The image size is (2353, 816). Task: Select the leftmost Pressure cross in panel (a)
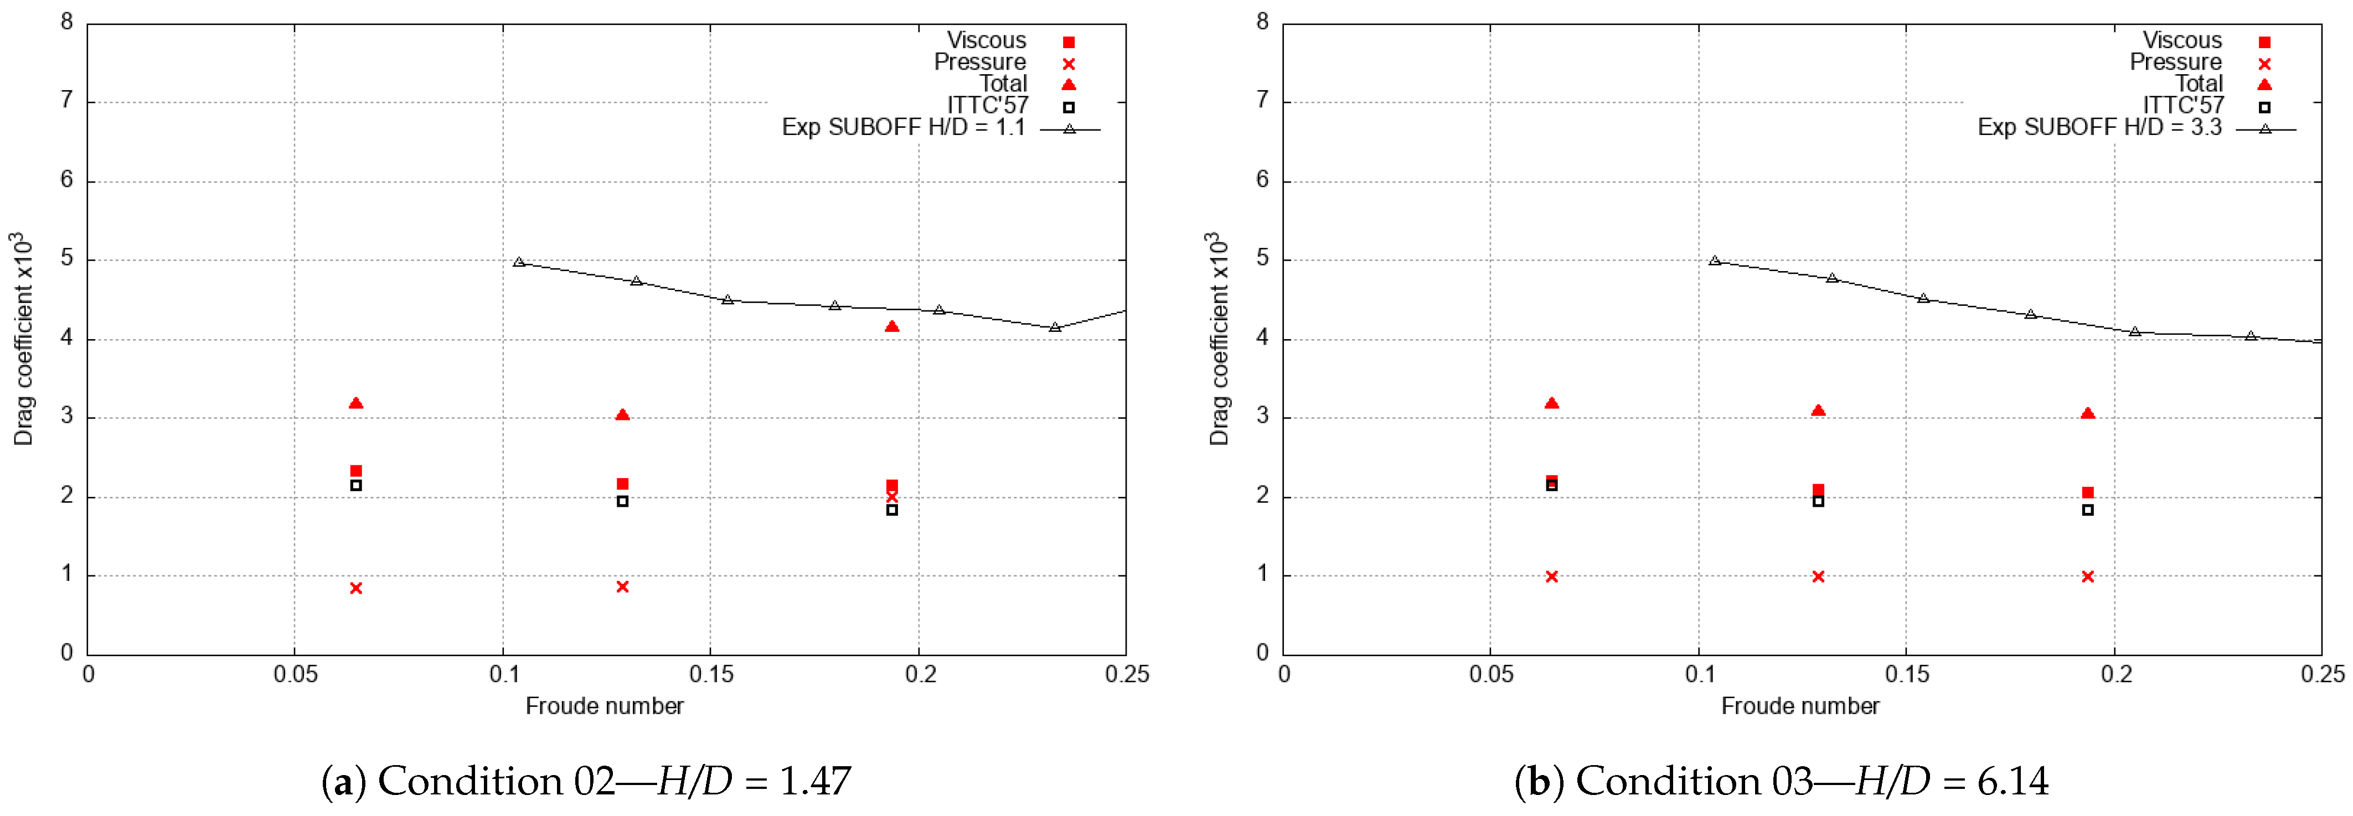click(x=356, y=588)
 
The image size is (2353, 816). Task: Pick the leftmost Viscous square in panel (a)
click(x=356, y=471)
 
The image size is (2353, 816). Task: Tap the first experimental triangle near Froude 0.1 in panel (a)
click(x=519, y=262)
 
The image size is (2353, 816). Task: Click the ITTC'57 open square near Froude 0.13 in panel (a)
click(x=622, y=501)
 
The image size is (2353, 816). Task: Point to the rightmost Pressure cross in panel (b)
click(x=2087, y=576)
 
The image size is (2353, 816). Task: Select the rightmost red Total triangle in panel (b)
click(x=2087, y=413)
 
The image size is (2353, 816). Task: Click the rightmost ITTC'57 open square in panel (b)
click(x=2087, y=510)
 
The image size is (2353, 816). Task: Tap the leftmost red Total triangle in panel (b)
click(x=1551, y=403)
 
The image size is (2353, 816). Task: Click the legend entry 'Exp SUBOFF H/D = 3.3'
click(x=2098, y=127)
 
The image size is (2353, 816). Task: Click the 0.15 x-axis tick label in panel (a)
click(x=711, y=674)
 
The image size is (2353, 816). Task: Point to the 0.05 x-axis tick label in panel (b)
click(x=1491, y=674)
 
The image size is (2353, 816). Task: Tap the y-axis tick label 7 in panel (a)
click(x=66, y=100)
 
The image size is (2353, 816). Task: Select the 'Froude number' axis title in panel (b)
click(x=1799, y=705)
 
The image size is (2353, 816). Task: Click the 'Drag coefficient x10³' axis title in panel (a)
click(x=23, y=337)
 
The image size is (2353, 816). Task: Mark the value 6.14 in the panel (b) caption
click(x=2013, y=781)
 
